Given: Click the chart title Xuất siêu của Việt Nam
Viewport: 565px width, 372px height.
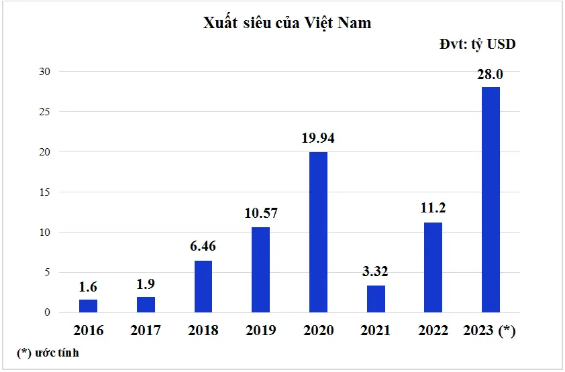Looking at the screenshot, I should [x=287, y=23].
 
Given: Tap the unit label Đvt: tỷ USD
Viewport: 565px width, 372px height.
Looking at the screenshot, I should [x=477, y=44].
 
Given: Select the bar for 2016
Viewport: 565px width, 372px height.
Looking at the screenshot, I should [x=88, y=306].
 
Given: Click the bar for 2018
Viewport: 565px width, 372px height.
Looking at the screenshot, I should [x=203, y=286].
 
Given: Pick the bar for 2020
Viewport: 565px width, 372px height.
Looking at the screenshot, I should [x=318, y=232].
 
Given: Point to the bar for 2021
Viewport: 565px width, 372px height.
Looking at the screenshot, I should [x=376, y=299].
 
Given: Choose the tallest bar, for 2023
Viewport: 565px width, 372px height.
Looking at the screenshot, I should [x=491, y=200].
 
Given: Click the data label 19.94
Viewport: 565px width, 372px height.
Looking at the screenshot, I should [x=318, y=139].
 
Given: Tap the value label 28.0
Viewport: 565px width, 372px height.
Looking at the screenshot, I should [x=491, y=74].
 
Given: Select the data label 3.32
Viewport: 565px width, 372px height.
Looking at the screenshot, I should [x=376, y=272].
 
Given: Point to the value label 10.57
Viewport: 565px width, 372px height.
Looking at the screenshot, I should [x=260, y=214].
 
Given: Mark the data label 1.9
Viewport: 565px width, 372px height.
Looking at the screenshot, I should [x=146, y=284].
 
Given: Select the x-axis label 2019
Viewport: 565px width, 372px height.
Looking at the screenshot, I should [x=260, y=330].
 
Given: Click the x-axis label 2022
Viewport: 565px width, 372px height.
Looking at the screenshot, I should [x=433, y=330].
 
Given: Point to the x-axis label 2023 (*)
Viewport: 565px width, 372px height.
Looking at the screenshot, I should [x=491, y=330].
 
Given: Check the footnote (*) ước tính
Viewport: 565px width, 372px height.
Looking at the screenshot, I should [x=48, y=353].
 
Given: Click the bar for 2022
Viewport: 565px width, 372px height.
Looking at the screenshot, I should [x=433, y=267].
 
